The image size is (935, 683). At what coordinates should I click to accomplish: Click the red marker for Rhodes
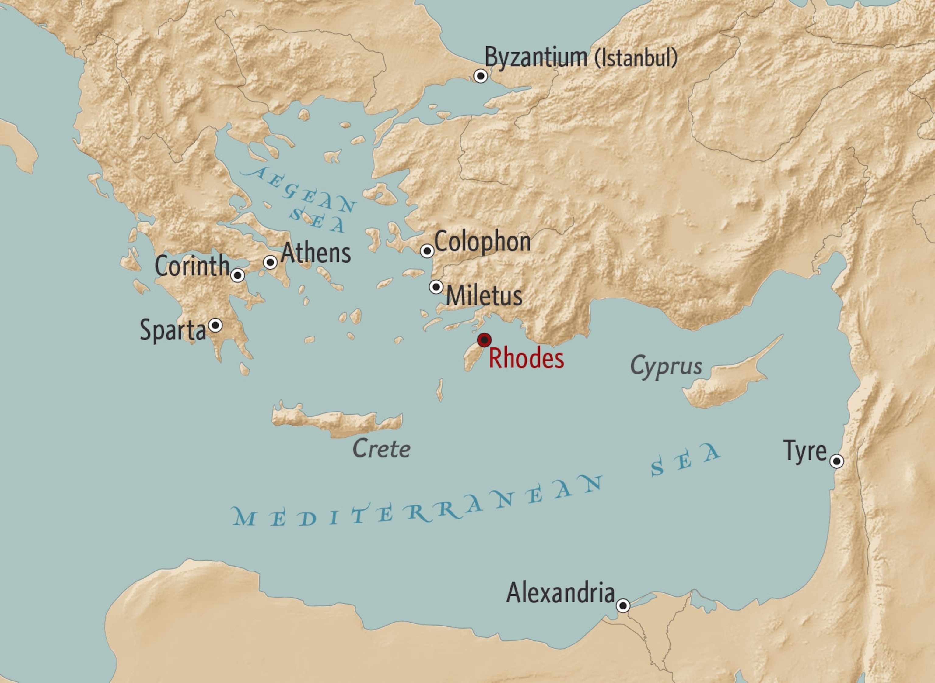point(484,340)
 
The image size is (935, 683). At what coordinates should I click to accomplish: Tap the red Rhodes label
point(526,358)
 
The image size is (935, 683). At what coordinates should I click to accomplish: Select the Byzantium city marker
point(480,76)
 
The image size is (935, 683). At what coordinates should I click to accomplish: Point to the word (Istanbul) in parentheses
point(636,58)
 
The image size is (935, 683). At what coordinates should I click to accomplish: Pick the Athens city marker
point(270,262)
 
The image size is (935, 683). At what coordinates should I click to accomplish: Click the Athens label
point(316,253)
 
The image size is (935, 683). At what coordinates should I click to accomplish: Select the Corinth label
point(192,266)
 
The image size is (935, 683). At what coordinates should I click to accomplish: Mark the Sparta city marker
point(215,325)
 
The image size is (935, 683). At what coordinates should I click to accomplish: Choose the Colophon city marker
point(427,250)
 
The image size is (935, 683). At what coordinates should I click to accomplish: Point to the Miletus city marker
point(436,287)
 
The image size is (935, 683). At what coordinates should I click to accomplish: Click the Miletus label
point(484,296)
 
